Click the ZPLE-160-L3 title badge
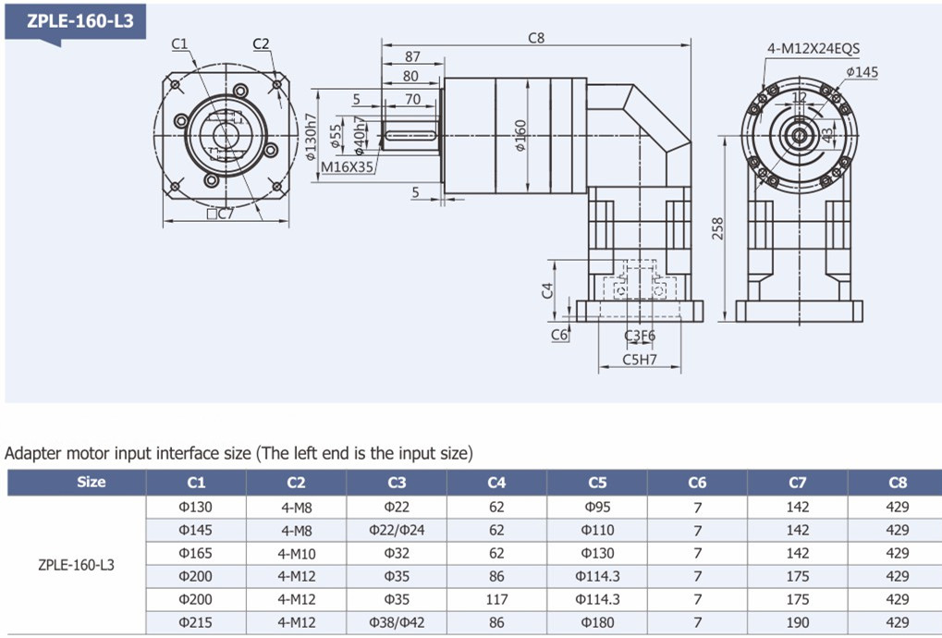76,22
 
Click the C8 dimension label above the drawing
536,38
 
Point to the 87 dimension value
412,56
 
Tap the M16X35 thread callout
348,167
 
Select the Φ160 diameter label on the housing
520,136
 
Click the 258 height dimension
718,228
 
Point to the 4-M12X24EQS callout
814,49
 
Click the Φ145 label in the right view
862,72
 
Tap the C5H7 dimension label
639,360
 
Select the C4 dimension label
547,290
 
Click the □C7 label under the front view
220,214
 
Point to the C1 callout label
179,43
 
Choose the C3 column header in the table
397,483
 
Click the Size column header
92,482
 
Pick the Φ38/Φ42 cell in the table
397,622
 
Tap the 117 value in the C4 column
496,599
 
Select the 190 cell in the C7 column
797,622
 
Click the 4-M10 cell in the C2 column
296,553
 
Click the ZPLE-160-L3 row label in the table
77,565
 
